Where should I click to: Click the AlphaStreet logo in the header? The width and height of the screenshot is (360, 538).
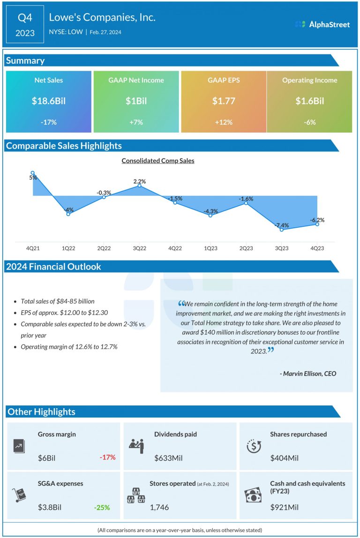322,24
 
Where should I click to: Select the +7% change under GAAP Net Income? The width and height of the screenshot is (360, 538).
135,122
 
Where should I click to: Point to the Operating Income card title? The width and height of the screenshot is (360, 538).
309,80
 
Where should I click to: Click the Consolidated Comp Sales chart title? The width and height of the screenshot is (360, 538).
157,161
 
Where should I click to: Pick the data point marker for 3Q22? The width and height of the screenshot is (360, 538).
140,186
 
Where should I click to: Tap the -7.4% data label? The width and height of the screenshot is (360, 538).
282,225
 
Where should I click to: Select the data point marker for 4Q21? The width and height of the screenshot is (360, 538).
33,173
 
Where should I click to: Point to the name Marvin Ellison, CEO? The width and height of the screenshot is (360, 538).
307,374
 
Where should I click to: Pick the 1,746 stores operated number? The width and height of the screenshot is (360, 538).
159,507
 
